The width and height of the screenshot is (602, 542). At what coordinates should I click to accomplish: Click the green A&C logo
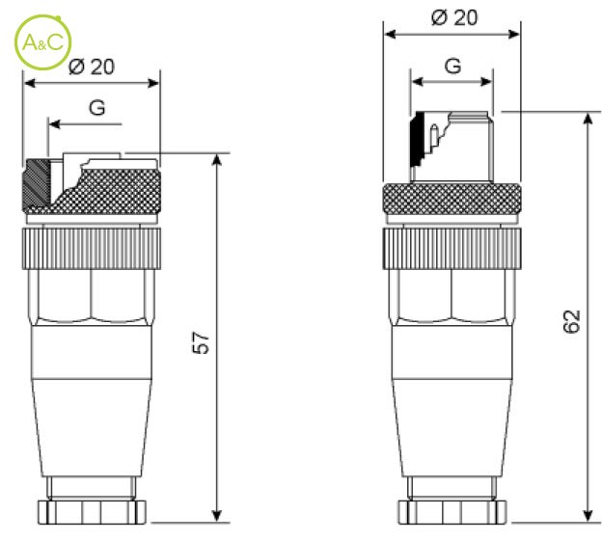point(43,42)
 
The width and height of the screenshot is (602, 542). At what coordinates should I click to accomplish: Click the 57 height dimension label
point(201,342)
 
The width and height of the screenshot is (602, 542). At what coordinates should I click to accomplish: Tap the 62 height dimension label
point(571,321)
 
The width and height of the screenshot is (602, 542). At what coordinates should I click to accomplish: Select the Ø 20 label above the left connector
point(92,67)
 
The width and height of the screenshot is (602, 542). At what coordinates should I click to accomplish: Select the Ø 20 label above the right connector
point(454,17)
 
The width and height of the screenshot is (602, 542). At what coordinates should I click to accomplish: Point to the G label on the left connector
point(96,108)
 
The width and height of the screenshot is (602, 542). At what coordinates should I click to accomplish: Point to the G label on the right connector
point(452,66)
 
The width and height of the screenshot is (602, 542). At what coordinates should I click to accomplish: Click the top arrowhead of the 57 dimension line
point(217,160)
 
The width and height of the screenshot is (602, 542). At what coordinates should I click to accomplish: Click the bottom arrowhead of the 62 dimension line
point(588,515)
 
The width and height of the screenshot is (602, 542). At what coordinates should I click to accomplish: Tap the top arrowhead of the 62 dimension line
point(588,119)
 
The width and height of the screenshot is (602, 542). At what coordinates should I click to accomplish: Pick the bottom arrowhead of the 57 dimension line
point(217,516)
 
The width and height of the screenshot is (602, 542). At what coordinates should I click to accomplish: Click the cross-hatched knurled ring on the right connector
point(451,199)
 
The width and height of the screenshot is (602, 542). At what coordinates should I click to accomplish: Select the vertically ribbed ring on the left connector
point(92,249)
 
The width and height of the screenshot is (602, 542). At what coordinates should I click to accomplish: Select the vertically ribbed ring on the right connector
point(451,249)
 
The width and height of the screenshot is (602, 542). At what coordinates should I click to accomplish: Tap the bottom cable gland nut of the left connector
point(92,512)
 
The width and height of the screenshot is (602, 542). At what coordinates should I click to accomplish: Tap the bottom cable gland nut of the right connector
point(452,512)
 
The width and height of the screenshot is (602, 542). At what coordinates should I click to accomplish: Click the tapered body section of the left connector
point(92,428)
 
